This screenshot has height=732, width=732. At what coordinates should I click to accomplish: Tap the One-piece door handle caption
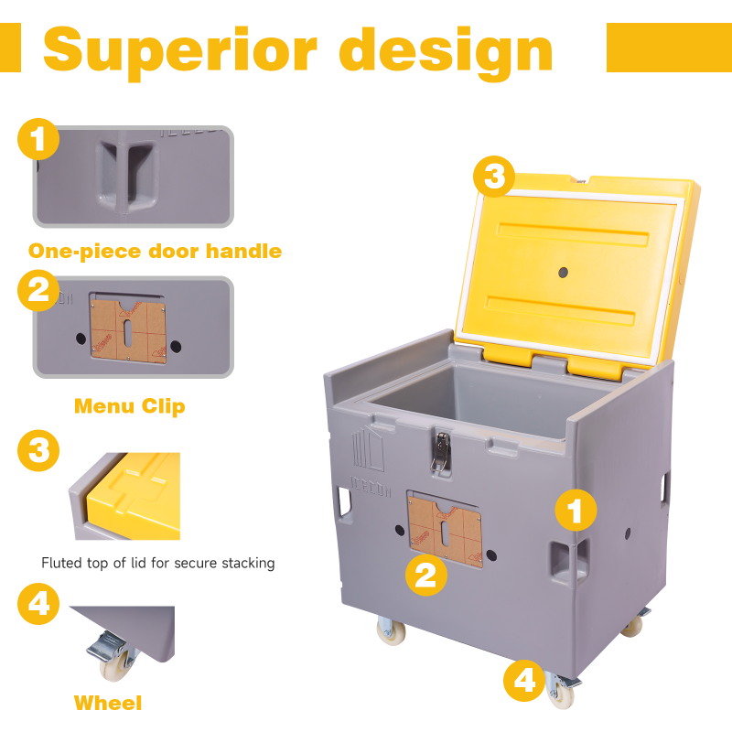tap(155, 251)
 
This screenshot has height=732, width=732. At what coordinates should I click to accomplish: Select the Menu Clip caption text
tap(129, 405)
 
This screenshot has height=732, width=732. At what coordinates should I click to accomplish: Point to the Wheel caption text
tap(108, 703)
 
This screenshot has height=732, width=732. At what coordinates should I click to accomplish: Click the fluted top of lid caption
tap(158, 563)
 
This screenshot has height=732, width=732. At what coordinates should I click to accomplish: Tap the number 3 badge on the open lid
tap(494, 177)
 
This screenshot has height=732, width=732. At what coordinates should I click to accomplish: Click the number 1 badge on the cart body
tap(576, 511)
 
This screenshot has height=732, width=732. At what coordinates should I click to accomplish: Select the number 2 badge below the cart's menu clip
tap(425, 576)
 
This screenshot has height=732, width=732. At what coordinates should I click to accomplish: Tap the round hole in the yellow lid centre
tap(563, 273)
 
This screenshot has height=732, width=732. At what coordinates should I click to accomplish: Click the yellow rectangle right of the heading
tap(669, 48)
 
